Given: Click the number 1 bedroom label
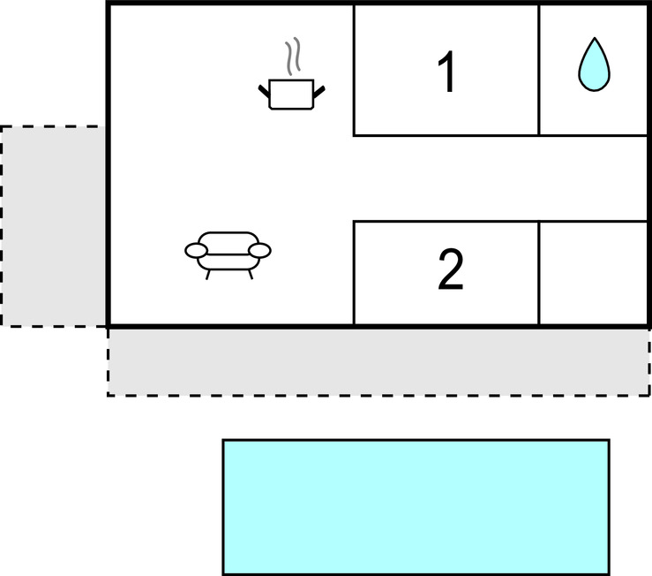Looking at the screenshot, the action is pos(447,72).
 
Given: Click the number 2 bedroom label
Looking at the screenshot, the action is pos(450,269).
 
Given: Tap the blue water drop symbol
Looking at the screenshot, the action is pos(594,64).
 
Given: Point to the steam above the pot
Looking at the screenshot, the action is pos(293,57).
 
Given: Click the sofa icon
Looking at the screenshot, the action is pos(228,255).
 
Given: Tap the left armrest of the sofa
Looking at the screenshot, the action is pos(196,250).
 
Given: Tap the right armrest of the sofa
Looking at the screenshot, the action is pos(260,250).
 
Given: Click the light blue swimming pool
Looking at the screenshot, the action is pos(416,507).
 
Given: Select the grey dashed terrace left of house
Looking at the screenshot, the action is pos(53,226).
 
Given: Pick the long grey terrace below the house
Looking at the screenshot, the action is pos(378,362).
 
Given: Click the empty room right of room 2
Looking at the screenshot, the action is pos(593,273).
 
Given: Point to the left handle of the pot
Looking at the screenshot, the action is pos(264,92).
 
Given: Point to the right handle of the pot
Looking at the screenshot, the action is pos(319,92).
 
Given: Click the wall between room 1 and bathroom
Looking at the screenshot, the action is pos(539,70).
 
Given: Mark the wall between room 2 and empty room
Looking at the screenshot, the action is pos(539,273).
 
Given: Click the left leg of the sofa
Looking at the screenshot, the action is pos(208,275).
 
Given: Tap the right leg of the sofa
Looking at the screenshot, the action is pos(251,275).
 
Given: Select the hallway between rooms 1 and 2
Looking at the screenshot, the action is pos(499,178).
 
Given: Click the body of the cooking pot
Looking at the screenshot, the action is pos(291,95).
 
